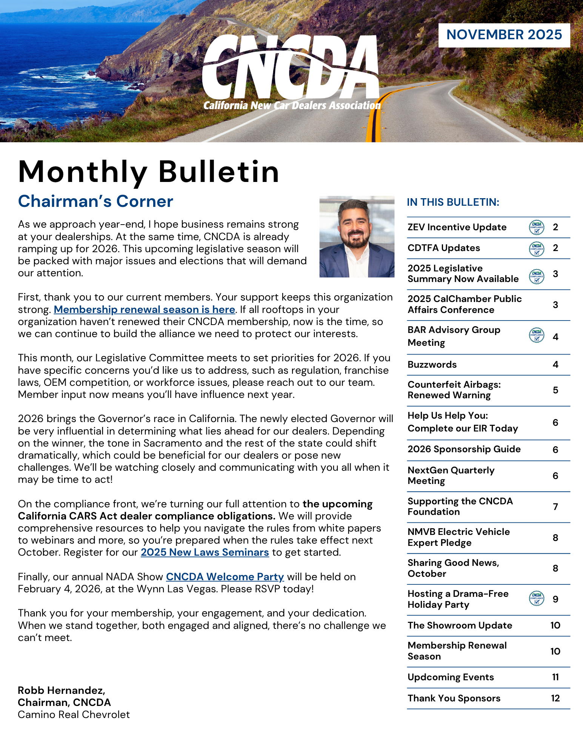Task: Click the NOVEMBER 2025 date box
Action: (x=504, y=35)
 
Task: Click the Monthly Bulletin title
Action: (x=149, y=172)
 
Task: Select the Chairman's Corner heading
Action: (x=95, y=202)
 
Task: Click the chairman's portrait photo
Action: (x=357, y=237)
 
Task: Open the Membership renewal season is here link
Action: (x=144, y=310)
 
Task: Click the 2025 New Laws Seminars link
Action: (x=205, y=552)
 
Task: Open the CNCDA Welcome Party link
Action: (x=225, y=577)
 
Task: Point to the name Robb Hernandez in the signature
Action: (x=61, y=690)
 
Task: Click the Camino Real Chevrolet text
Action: (x=74, y=715)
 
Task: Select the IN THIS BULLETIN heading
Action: (x=453, y=202)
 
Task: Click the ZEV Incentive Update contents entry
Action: (x=457, y=227)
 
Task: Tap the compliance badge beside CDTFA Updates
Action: (x=537, y=249)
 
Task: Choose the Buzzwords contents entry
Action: (x=432, y=365)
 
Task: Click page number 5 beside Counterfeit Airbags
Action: (x=555, y=390)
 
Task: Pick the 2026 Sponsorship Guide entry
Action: (x=464, y=449)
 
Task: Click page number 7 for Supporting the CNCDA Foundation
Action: (x=555, y=507)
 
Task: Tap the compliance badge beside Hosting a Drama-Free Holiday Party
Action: (x=537, y=599)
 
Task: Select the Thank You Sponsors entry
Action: (x=454, y=698)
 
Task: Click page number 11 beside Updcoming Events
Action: (x=555, y=677)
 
